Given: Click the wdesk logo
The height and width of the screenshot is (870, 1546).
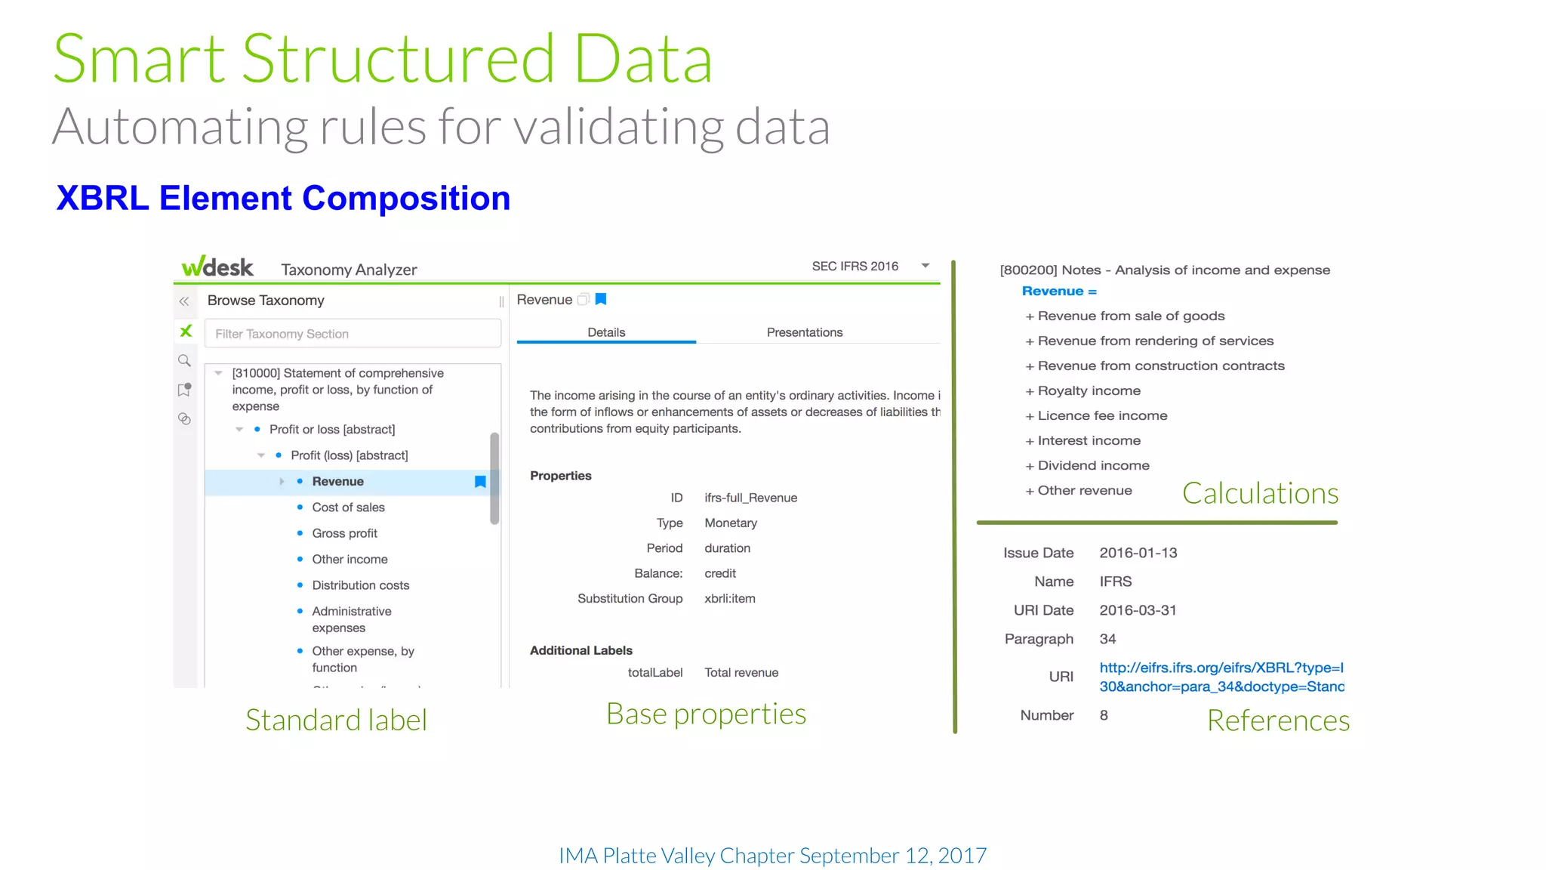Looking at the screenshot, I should (217, 267).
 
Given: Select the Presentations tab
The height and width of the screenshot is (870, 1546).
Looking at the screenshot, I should (804, 332).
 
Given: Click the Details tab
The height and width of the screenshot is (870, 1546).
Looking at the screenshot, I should (606, 332).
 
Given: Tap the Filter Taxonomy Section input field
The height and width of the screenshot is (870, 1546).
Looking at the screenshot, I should (353, 334).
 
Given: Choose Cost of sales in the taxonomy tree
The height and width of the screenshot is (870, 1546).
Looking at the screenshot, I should (348, 507).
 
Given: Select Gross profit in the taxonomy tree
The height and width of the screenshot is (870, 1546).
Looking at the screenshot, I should (344, 533).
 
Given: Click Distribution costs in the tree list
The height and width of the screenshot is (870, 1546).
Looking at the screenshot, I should (360, 585).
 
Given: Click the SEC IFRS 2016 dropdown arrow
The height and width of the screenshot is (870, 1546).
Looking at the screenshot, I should (925, 266).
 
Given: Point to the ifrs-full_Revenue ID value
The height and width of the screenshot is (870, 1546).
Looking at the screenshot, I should (750, 498).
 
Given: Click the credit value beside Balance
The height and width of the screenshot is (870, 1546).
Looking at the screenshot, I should (720, 573).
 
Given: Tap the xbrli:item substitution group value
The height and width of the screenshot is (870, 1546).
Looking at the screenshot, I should (729, 599).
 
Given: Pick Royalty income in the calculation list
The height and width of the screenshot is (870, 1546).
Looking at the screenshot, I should (1089, 390).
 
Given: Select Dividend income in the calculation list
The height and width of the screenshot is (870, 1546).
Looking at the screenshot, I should (1093, 465).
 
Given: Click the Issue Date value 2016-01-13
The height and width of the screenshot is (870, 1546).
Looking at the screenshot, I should (1138, 553).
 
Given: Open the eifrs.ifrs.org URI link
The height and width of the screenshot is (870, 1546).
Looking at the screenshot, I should (1221, 677).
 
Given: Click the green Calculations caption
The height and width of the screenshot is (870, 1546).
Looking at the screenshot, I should (1260, 493).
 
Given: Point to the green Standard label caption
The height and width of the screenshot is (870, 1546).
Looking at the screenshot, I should (336, 720).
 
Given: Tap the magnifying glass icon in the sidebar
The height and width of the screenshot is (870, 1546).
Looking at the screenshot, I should (184, 360).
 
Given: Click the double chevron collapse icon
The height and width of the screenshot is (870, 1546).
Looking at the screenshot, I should (184, 301).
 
